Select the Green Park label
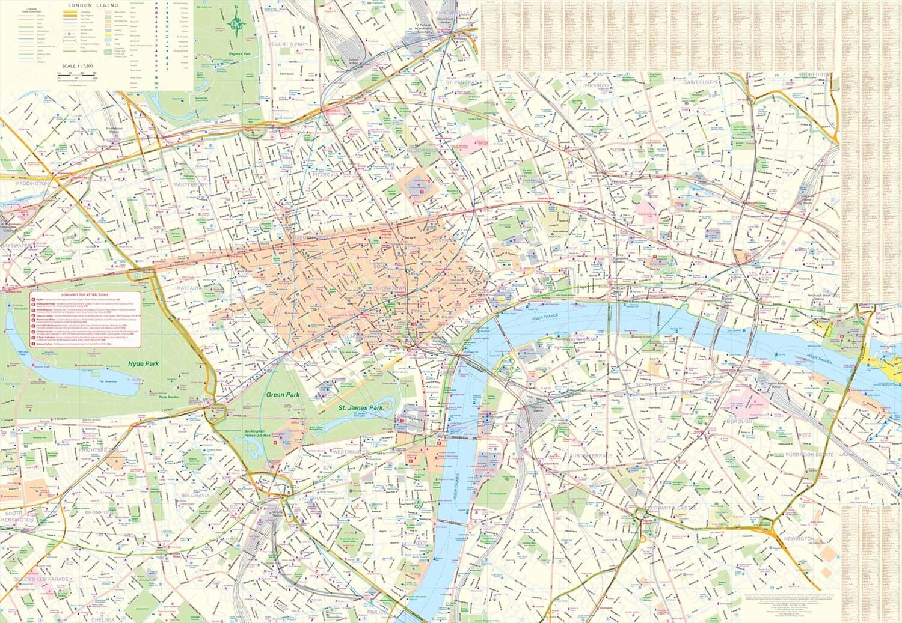283,395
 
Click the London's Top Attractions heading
85,295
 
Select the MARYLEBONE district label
191,184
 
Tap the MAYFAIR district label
188,288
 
